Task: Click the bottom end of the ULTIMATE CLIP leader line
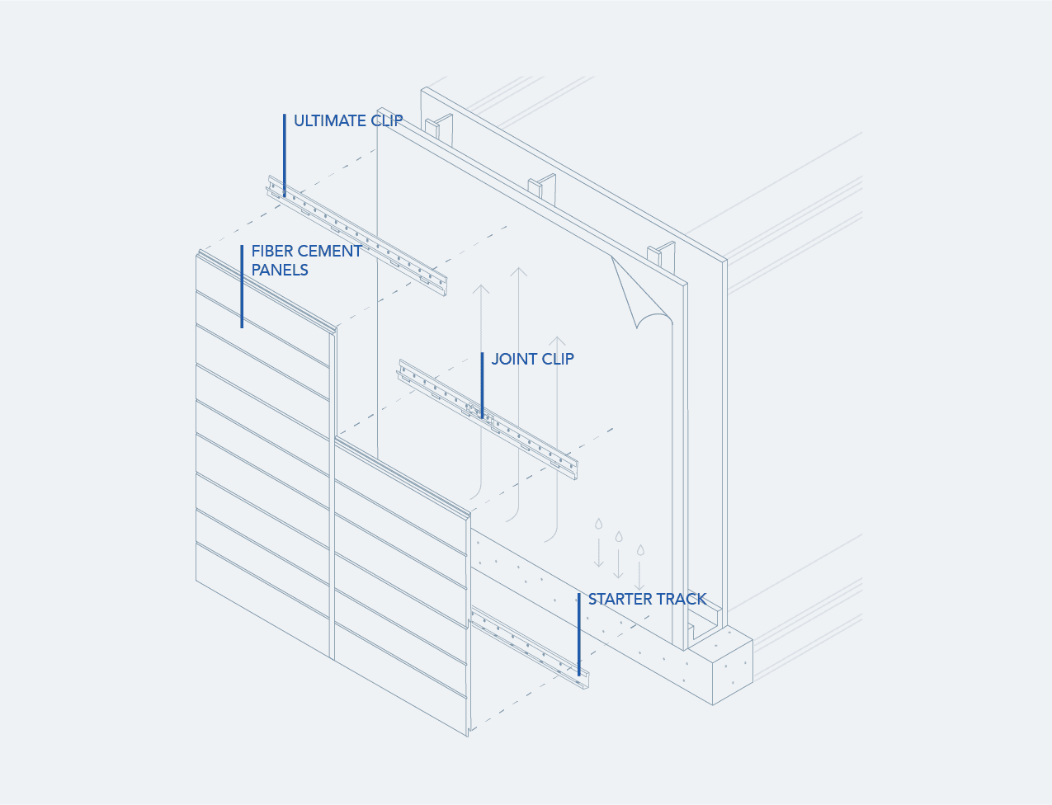tap(284, 196)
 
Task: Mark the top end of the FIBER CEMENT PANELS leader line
tap(242, 246)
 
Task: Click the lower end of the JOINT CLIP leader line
tap(482, 417)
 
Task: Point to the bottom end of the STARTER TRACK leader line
tap(579, 676)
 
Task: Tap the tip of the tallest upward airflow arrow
tap(518, 267)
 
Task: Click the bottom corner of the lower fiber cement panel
tap(468, 737)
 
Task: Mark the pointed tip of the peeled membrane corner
tap(611, 256)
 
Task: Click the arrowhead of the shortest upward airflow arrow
tap(557, 337)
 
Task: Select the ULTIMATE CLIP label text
tap(348, 121)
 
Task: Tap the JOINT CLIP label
tap(532, 359)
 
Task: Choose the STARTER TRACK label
tap(647, 600)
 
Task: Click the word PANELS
tap(280, 270)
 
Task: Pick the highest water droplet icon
tap(599, 524)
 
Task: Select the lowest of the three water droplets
tap(640, 550)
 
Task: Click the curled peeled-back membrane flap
tap(641, 293)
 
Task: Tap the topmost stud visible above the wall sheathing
tap(439, 127)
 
